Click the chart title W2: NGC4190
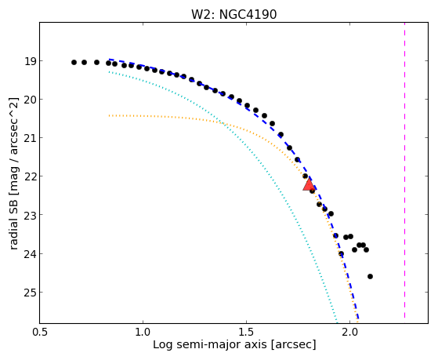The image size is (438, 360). (233, 14)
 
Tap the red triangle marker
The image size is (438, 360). (309, 185)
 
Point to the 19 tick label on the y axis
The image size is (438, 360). (30, 61)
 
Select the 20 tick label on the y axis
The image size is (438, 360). (30, 100)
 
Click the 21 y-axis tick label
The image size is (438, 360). (30, 138)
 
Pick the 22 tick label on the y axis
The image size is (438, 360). (30, 176)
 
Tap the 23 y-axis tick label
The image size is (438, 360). (30, 215)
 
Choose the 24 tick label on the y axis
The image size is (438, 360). (30, 253)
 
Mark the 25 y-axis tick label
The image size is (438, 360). (30, 293)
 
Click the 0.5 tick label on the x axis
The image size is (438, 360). (40, 332)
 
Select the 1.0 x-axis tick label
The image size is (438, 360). (143, 332)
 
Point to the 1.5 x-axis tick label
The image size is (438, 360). (246, 332)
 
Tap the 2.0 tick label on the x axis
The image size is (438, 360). (349, 332)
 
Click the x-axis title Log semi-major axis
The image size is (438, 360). (210, 344)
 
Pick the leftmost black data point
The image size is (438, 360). (74, 62)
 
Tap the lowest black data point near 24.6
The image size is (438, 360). (370, 276)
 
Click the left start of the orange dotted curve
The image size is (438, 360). (109, 115)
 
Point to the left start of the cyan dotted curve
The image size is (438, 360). (109, 72)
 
